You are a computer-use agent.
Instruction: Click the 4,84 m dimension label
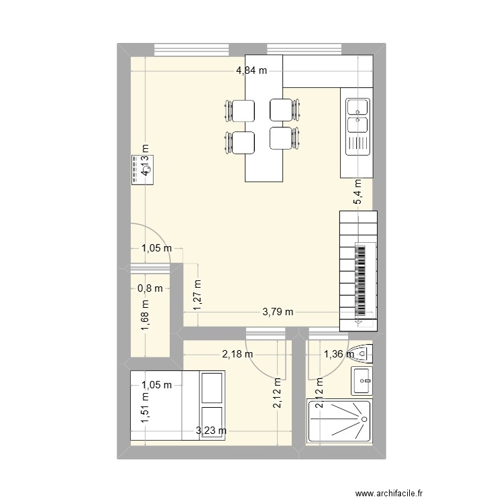pyautogui.click(x=251, y=69)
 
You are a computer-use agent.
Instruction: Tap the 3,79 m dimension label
pyautogui.click(x=278, y=312)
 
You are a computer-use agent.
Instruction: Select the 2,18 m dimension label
pyautogui.click(x=238, y=354)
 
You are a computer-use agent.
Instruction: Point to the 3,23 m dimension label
pyautogui.click(x=211, y=431)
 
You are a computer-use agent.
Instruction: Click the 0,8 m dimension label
pyautogui.click(x=150, y=289)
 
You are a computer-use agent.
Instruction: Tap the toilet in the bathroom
pyautogui.click(x=363, y=351)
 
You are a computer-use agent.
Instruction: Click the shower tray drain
pyautogui.click(x=363, y=420)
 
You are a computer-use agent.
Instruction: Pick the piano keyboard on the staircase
pyautogui.click(x=361, y=279)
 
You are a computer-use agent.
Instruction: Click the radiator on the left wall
pyautogui.click(x=142, y=167)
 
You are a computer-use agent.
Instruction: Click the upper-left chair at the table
pyautogui.click(x=239, y=110)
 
